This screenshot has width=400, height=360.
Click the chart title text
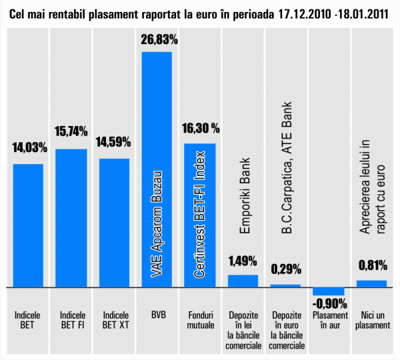point(200,12)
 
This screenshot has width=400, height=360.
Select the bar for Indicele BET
point(29,225)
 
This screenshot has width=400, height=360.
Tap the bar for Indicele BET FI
point(71,218)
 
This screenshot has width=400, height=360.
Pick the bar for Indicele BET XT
point(114,223)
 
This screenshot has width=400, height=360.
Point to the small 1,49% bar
point(243,281)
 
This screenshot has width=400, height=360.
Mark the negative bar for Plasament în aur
point(329,291)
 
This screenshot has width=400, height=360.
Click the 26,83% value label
point(159,40)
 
